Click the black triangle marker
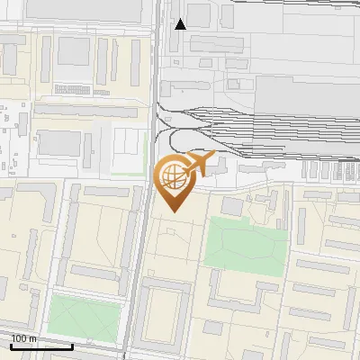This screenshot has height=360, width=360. coord(181,23)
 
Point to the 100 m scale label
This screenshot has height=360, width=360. coord(24,338)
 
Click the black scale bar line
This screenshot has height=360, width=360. coord(41,346)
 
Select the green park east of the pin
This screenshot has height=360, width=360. coord(245,244)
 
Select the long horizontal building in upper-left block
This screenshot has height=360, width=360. coord(86,112)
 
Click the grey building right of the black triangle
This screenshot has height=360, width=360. coord(199,15)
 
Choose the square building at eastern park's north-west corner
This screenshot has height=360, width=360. coord(232,206)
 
